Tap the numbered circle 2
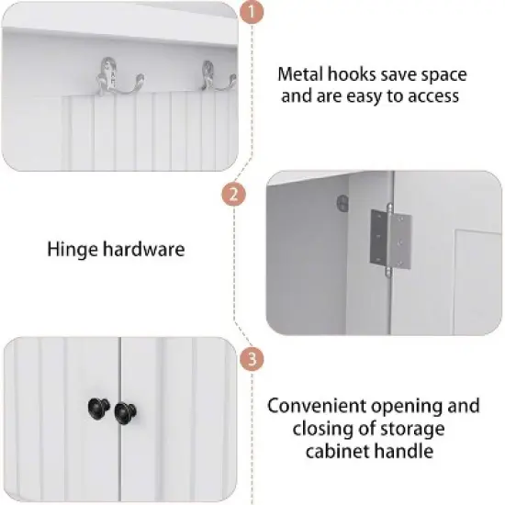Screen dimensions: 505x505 (x=236, y=195)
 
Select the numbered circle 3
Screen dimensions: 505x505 (x=249, y=359)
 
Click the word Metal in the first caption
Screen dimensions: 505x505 (x=300, y=74)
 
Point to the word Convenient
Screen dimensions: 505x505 (x=313, y=406)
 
